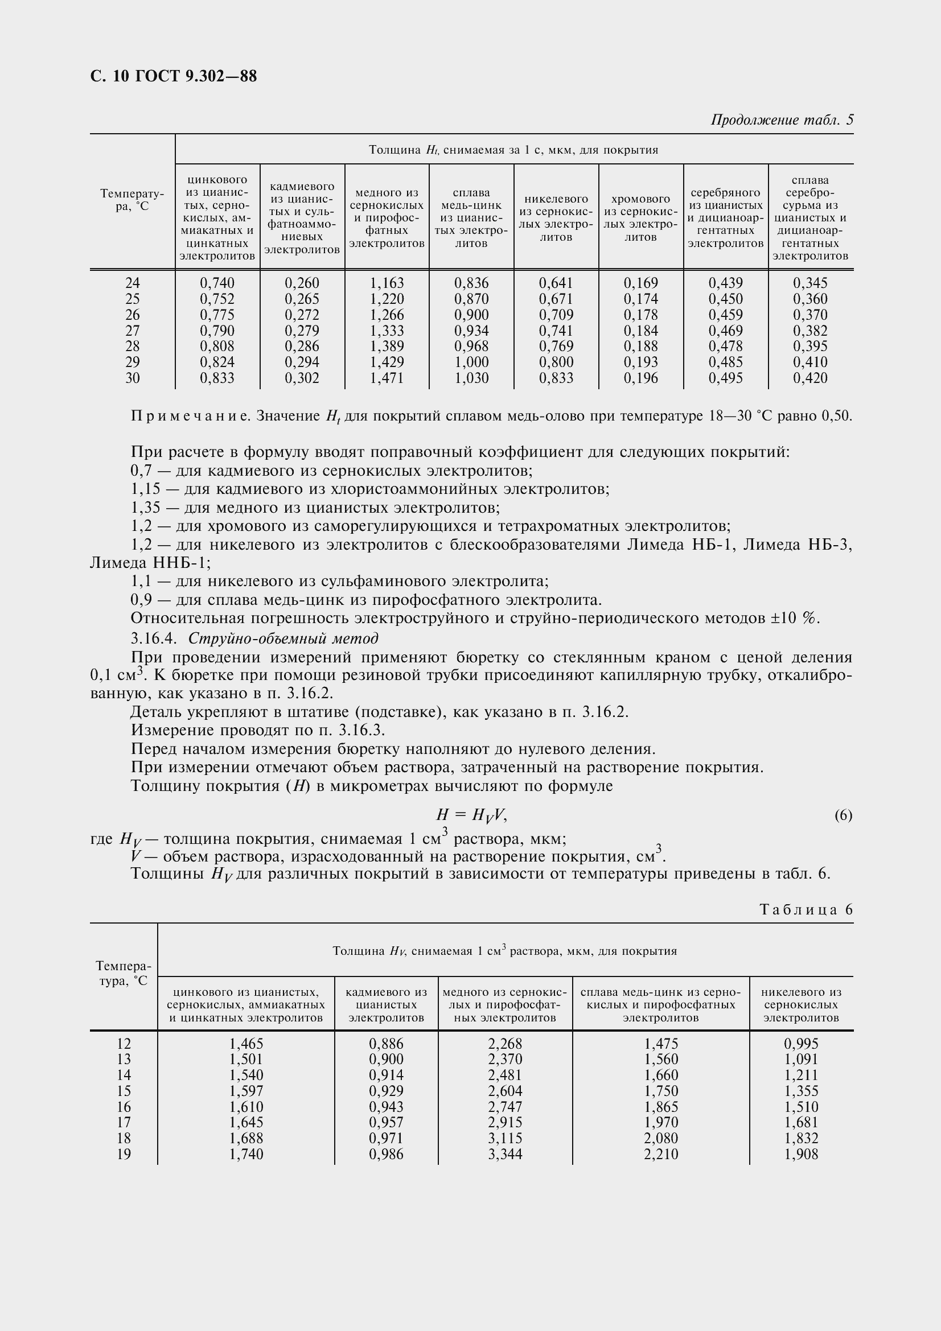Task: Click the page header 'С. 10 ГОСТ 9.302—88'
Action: (x=174, y=76)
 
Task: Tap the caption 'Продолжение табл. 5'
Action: (x=782, y=120)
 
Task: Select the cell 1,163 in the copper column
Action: (x=387, y=283)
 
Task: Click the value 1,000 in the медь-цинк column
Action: (x=471, y=362)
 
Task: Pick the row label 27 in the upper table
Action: (x=132, y=331)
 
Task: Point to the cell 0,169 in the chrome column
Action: (x=640, y=283)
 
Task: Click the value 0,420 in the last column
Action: (x=810, y=378)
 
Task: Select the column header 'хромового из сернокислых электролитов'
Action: (x=640, y=217)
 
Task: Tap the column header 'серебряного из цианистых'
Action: (x=725, y=217)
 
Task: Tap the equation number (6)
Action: (x=843, y=815)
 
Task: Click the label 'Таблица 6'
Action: (x=806, y=909)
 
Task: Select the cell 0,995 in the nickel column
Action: (x=801, y=1044)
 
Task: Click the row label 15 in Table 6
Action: (x=124, y=1091)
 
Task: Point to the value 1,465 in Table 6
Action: (x=246, y=1044)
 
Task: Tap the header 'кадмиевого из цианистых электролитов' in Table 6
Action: (x=386, y=1004)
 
